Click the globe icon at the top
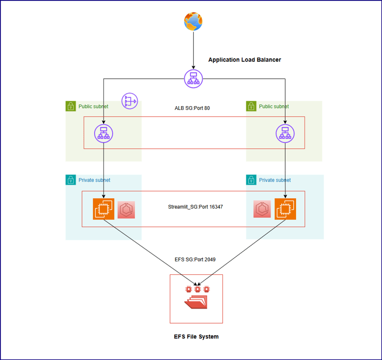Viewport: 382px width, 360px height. click(x=193, y=22)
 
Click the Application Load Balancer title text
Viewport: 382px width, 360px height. click(x=244, y=60)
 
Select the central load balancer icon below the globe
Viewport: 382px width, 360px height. click(x=193, y=78)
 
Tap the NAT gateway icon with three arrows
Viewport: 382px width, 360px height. click(x=129, y=101)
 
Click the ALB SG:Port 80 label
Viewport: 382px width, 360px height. click(x=192, y=108)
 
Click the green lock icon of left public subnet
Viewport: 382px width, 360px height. click(x=71, y=106)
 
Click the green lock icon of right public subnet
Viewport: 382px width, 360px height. click(x=252, y=106)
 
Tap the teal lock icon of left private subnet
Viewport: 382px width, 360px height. click(x=71, y=180)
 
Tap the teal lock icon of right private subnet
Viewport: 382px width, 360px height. click(x=252, y=180)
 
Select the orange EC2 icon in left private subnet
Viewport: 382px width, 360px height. click(x=104, y=209)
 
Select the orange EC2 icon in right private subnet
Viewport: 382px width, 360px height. click(x=285, y=209)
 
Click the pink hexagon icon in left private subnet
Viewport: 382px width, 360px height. click(x=127, y=210)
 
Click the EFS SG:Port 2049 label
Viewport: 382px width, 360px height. click(x=195, y=260)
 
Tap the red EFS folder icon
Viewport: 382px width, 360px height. click(x=196, y=301)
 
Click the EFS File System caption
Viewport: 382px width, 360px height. click(x=196, y=337)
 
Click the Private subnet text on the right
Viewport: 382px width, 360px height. click(x=275, y=180)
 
